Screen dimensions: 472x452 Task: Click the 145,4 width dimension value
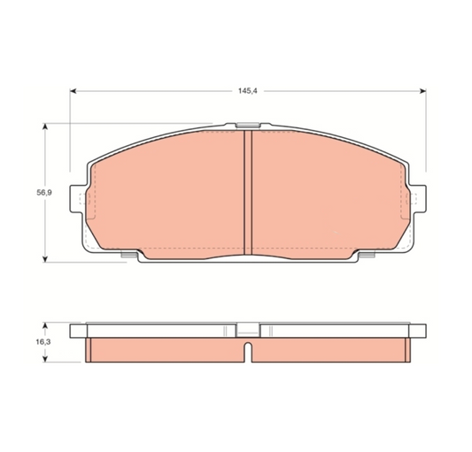point(248,91)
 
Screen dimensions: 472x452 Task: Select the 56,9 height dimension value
point(44,193)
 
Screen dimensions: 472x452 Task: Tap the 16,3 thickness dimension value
point(43,342)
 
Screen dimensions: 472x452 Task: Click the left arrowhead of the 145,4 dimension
point(74,91)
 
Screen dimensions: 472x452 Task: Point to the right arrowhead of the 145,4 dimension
point(423,91)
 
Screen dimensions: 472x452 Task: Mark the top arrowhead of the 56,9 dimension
point(45,126)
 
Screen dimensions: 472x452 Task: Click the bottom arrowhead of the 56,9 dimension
point(45,259)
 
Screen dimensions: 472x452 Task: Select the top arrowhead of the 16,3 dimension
point(45,326)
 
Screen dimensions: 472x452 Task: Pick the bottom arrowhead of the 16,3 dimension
point(45,358)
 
